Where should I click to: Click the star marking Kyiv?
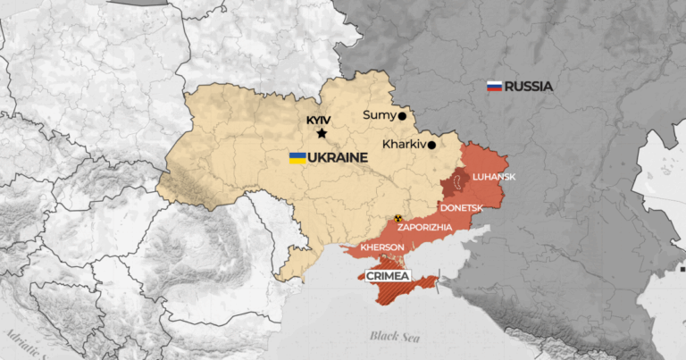322,134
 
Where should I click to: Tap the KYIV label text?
318,119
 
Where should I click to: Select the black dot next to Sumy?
402,115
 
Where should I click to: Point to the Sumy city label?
379,115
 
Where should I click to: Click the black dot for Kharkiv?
431,145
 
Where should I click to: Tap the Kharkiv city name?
401,144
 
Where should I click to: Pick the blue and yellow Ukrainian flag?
297,158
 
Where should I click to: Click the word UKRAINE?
339,158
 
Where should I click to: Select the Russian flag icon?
493,87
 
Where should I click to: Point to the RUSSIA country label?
529,87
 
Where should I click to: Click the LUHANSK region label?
494,177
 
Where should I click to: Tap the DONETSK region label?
461,207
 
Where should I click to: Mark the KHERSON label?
382,247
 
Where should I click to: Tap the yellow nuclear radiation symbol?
398,218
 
